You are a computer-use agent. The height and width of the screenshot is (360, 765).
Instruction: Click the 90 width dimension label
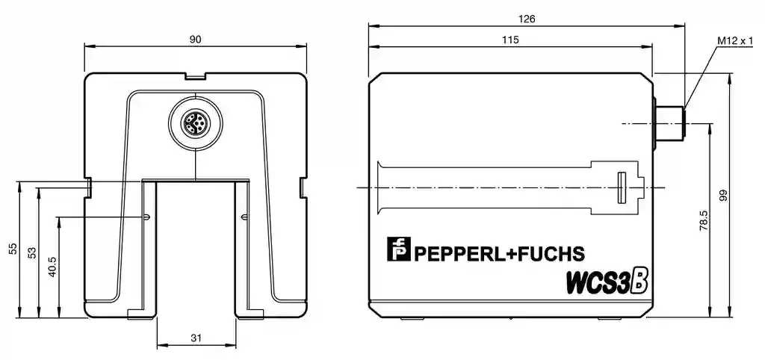[x=195, y=40]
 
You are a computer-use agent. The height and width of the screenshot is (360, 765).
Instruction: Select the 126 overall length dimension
[x=527, y=19]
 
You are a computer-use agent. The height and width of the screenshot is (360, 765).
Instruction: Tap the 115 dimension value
[x=511, y=40]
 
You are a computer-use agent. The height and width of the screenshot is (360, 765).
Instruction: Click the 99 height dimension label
[x=722, y=196]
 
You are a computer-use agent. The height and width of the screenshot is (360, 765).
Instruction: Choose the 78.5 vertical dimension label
[x=703, y=221]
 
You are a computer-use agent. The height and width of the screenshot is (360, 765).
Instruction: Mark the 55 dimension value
[x=13, y=249]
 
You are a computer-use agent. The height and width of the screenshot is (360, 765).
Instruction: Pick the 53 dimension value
[x=32, y=252]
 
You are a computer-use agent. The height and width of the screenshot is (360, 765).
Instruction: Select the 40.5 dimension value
[x=52, y=267]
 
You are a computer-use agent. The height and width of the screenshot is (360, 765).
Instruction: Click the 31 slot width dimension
[x=196, y=338]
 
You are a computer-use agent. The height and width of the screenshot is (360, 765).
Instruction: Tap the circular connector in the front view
[x=194, y=123]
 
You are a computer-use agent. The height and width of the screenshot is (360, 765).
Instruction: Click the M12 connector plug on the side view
[x=669, y=122]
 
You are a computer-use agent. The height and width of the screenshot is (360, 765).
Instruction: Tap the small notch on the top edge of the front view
[x=195, y=75]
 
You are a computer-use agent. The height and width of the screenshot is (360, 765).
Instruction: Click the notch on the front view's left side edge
[x=88, y=187]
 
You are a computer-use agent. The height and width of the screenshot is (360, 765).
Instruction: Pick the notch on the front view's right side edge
[x=302, y=187]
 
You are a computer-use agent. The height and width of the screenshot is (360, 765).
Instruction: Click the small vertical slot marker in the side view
[x=620, y=187]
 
